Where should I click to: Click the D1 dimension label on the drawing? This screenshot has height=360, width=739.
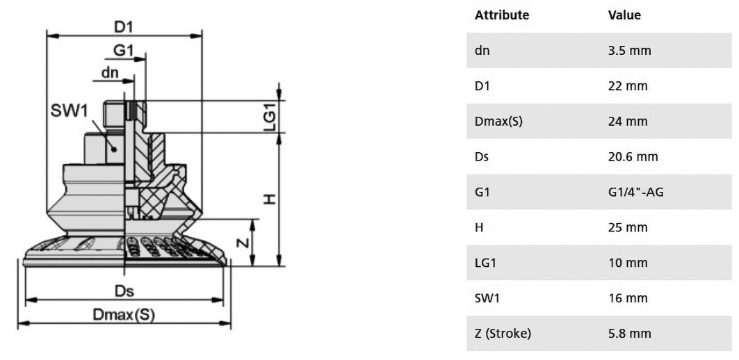coord(124,27)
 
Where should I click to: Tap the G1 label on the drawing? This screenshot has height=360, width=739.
coord(124,50)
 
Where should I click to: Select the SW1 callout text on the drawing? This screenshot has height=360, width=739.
coord(70,111)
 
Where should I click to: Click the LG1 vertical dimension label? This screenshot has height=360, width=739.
coord(270,116)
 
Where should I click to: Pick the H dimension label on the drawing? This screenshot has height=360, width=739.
coord(269,199)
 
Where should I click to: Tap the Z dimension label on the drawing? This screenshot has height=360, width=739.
coord(242,243)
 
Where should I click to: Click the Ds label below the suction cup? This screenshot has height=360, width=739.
coord(124,291)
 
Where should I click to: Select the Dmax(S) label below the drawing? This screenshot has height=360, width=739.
coord(124,314)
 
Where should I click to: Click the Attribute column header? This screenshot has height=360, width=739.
coord(502,15)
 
